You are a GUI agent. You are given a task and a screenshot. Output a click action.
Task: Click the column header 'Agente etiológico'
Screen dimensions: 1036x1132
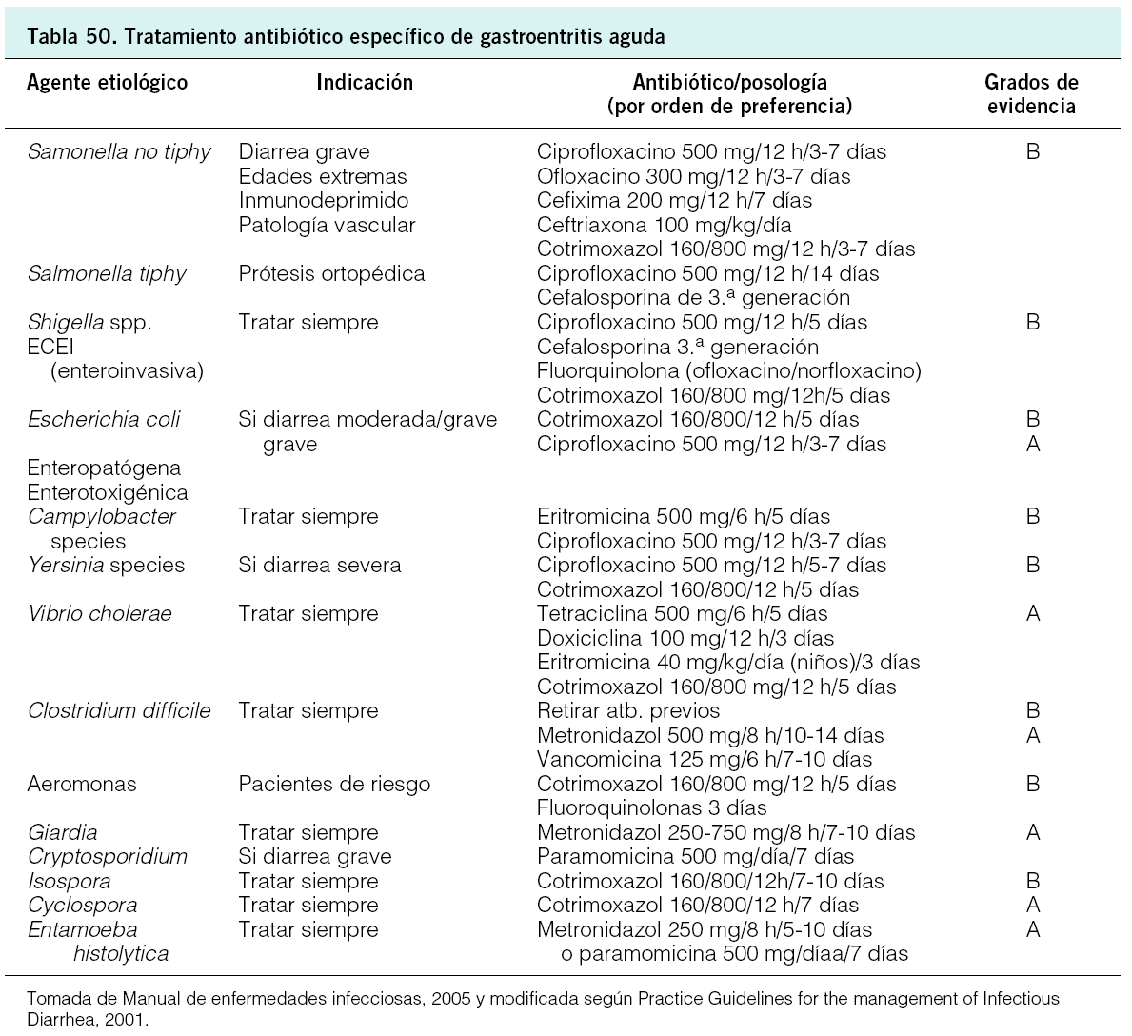pyautogui.click(x=108, y=83)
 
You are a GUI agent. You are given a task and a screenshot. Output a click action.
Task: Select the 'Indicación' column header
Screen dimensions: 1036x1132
pyautogui.click(x=365, y=83)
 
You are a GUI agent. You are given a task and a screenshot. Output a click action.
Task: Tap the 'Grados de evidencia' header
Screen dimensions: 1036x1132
pyautogui.click(x=1031, y=94)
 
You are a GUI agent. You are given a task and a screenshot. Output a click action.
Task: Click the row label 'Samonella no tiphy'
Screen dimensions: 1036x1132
pyautogui.click(x=119, y=152)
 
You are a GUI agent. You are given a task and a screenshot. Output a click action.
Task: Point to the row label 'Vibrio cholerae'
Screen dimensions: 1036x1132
pyautogui.click(x=100, y=614)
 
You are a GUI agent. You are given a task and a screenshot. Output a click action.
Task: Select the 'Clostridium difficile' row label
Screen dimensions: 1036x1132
pyautogui.click(x=119, y=711)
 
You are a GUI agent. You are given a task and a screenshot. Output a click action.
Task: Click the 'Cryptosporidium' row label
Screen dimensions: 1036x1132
pyautogui.click(x=108, y=857)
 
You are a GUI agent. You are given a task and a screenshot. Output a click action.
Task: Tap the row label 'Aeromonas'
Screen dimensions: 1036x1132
pyautogui.click(x=82, y=785)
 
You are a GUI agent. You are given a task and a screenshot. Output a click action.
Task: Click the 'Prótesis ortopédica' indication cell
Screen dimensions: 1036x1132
pyautogui.click(x=331, y=274)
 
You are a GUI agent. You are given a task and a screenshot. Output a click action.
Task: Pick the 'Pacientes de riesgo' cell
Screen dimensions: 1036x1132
pyautogui.click(x=334, y=785)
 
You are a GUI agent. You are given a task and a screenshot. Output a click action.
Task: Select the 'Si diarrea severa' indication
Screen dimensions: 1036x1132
pyautogui.click(x=320, y=566)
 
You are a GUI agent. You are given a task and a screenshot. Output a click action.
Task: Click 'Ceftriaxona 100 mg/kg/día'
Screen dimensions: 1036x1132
pyautogui.click(x=664, y=226)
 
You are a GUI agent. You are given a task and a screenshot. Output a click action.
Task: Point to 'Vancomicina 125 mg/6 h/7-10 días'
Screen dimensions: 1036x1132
pyautogui.click(x=705, y=760)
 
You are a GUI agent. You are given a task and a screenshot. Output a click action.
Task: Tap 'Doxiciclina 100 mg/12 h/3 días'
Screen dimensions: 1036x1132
pyautogui.click(x=685, y=639)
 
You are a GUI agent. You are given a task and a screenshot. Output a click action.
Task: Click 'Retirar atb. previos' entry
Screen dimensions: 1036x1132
pyautogui.click(x=628, y=711)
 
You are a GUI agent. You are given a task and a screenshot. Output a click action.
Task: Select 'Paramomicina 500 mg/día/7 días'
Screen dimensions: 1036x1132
pyautogui.click(x=695, y=857)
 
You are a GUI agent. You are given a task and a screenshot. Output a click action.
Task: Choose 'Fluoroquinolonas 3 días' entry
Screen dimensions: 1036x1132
pyautogui.click(x=651, y=808)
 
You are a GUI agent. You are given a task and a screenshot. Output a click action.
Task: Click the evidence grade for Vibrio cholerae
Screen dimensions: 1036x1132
pyautogui.click(x=1033, y=614)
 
